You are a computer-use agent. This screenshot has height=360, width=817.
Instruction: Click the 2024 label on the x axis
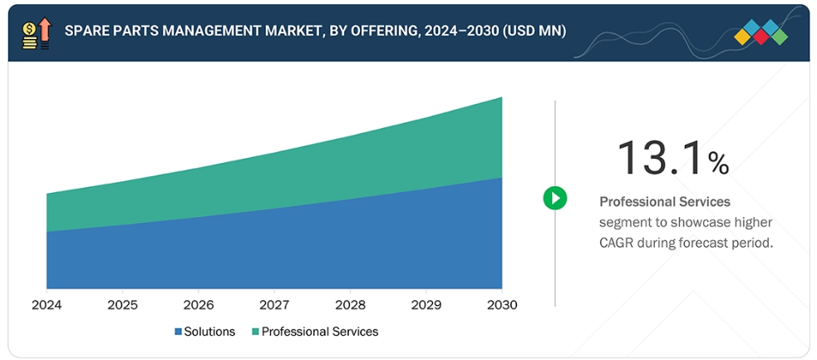coord(47,305)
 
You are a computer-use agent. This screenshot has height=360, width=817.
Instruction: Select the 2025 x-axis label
coord(123,305)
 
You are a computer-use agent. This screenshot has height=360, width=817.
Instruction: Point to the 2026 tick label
coord(199,305)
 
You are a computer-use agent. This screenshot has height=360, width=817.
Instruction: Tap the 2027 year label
coord(274,305)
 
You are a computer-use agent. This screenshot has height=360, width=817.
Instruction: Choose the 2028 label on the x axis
coord(350,305)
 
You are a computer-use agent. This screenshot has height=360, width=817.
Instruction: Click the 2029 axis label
coord(426,305)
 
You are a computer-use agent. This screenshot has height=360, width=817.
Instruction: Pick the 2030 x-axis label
coord(501,305)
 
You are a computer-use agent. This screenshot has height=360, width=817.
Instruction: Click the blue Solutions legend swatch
coord(178,332)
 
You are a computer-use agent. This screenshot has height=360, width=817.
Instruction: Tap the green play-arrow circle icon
coord(555,198)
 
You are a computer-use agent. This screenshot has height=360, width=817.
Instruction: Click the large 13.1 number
coord(659,157)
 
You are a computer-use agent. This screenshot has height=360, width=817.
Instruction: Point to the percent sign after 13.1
coord(719,162)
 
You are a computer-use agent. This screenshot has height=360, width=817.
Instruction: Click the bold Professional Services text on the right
coord(665,201)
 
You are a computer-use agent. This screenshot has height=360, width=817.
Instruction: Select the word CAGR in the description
coord(619,243)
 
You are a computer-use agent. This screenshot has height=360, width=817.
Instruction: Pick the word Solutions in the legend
coord(209,332)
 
